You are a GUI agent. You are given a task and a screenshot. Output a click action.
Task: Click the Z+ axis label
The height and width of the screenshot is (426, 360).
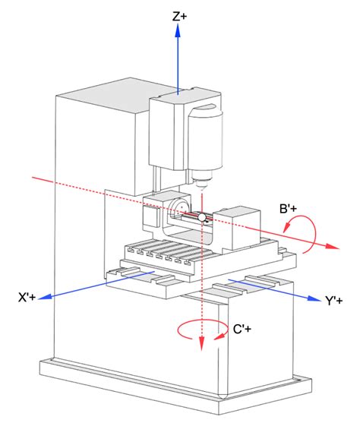pos(179,17)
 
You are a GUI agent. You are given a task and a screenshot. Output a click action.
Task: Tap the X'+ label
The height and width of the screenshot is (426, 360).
pos(27,297)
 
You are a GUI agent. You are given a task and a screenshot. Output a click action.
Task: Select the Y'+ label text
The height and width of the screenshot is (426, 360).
pos(334,301)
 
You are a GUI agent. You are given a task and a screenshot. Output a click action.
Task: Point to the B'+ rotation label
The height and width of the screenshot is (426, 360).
pos(289,209)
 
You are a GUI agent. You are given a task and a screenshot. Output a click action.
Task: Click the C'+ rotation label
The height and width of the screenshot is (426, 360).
pos(242,329)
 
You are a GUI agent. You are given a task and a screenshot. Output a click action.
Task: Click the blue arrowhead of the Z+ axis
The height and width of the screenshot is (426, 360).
pos(178,30)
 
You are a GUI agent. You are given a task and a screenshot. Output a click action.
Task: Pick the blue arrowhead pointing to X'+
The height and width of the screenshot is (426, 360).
pos(45,297)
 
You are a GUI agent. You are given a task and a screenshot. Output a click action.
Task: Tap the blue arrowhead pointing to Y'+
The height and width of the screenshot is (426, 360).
pos(314,298)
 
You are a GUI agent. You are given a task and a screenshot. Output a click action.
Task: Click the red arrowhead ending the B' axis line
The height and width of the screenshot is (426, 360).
pos(333,246)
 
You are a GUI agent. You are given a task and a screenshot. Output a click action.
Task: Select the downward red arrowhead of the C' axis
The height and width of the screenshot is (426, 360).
pos(201,344)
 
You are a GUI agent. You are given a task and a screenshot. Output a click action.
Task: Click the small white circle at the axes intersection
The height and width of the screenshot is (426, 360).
pos(202,217)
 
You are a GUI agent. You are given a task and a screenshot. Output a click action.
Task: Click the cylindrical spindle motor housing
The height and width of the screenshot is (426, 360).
pos(206,138)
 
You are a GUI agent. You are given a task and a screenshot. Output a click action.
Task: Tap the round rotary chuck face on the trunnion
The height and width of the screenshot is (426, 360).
pos(179,208)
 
